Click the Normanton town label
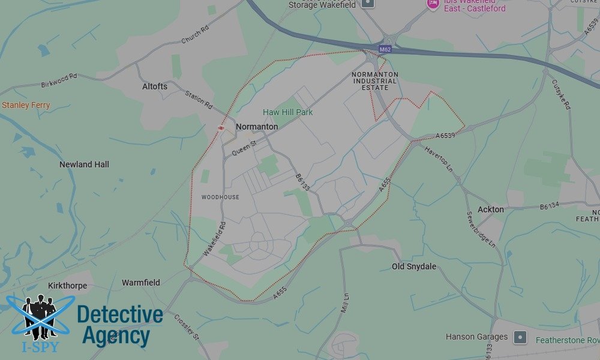257,127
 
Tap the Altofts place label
155,86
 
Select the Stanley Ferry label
26,106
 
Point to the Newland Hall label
84,164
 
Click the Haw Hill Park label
288,112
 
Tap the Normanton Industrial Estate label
374,81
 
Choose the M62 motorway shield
385,49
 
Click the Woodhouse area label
220,197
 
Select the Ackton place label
491,209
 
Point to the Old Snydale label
414,266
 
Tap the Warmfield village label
141,283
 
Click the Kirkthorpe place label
67,286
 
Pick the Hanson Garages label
476,337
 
